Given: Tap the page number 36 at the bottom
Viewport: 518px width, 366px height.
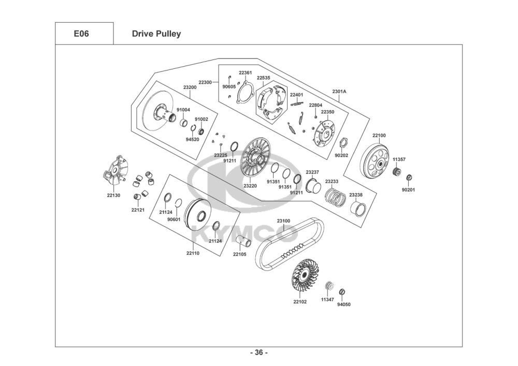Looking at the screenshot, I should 258,353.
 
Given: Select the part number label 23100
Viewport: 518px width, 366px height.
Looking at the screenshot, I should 283,221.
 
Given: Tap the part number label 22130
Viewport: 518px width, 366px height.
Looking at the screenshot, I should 113,195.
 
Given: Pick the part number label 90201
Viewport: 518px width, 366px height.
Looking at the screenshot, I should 409,190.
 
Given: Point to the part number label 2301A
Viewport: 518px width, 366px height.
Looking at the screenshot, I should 339,92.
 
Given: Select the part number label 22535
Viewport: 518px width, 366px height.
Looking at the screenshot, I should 264,78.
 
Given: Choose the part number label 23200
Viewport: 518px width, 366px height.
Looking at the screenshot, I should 190,87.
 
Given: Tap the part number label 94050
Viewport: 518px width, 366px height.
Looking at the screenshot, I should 344,304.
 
